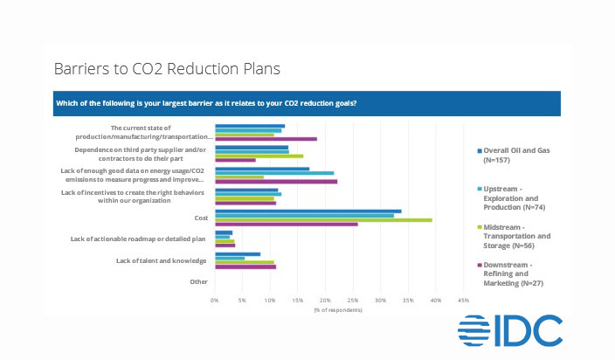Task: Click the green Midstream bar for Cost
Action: click(323, 219)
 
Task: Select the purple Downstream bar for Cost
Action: click(286, 225)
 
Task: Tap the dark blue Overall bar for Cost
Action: click(307, 211)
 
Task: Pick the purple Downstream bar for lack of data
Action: click(275, 182)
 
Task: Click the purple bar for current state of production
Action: click(266, 139)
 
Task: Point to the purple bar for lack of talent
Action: click(245, 267)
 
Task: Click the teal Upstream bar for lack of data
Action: click(274, 173)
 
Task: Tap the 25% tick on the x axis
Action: click(353, 300)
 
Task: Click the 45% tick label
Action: click(463, 300)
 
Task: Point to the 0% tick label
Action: click(215, 300)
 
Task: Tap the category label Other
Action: click(197, 281)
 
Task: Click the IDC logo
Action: click(510, 331)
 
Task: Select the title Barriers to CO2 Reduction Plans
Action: click(167, 67)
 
